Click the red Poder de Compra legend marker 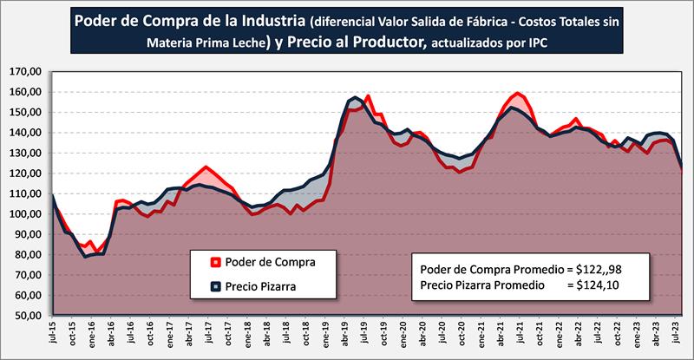[x=215, y=261]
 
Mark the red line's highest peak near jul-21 [x=518, y=93]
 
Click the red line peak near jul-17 [x=206, y=167]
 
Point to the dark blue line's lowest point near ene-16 [x=85, y=257]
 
